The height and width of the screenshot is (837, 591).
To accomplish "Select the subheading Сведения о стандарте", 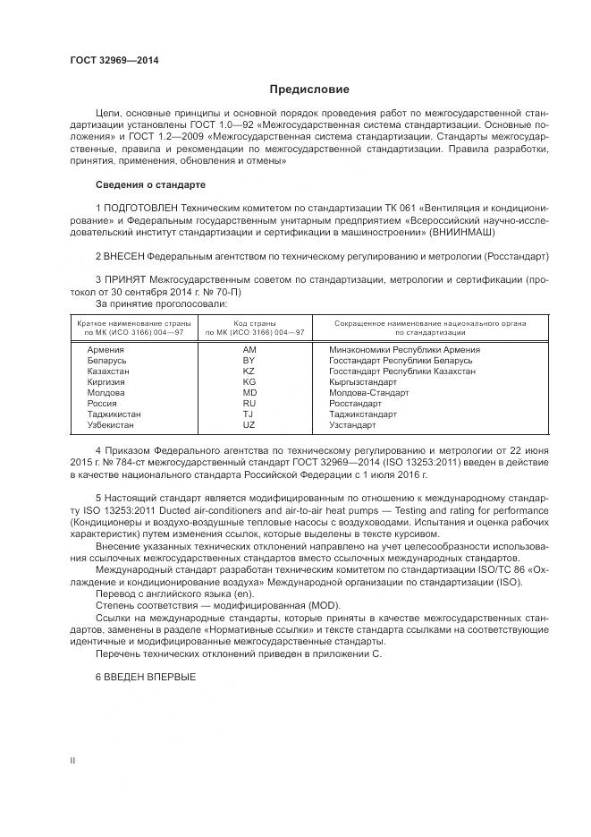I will tap(150, 184).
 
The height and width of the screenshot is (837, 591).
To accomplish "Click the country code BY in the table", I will tap(249, 360).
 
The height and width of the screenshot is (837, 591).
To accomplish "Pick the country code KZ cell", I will tap(249, 371).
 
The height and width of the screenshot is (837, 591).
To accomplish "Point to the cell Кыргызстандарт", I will tap(362, 381).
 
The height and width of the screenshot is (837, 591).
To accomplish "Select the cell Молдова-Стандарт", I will tap(368, 392).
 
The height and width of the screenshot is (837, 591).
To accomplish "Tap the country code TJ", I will tap(249, 414).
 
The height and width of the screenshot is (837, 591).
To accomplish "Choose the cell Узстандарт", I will tap(354, 424).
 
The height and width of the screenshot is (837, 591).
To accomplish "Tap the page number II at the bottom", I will tap(73, 759).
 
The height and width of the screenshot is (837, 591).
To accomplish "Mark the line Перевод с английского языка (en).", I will tap(164, 593).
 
